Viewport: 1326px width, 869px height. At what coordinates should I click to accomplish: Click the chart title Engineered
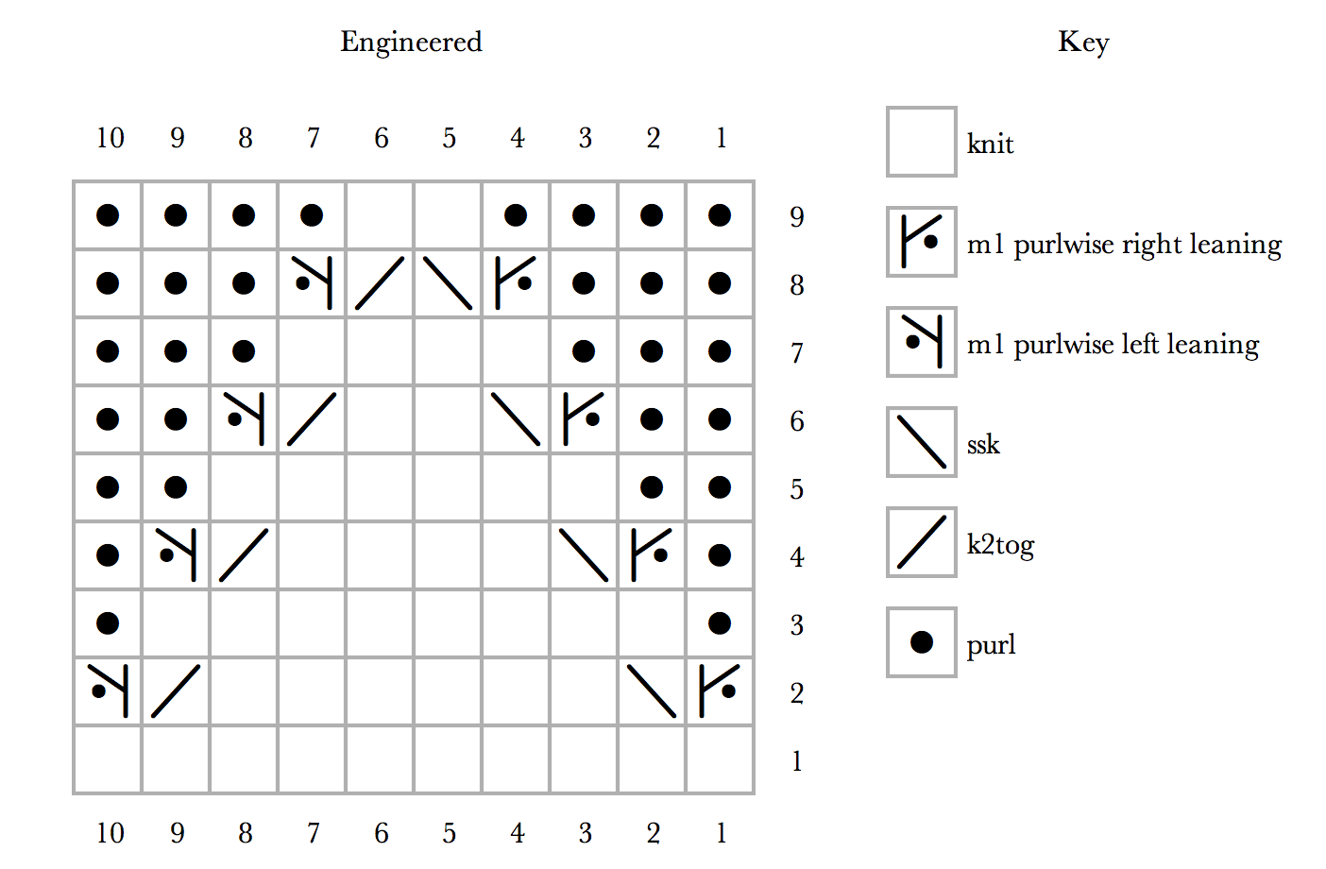[412, 43]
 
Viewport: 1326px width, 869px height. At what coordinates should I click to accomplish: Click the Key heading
[1083, 43]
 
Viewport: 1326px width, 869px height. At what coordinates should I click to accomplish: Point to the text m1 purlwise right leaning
[1124, 245]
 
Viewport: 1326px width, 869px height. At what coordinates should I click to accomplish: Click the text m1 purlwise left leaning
[1113, 345]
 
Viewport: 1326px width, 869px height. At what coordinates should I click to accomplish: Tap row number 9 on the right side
[797, 217]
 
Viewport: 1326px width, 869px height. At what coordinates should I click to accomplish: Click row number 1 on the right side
[797, 761]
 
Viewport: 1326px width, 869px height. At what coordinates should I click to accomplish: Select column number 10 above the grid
[110, 139]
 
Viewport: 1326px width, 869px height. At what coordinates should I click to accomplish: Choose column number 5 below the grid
[450, 833]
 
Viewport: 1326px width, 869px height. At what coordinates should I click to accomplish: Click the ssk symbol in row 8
[448, 283]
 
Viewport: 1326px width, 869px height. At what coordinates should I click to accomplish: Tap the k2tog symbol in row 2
[176, 690]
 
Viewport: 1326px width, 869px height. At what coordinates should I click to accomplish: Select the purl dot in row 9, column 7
[312, 214]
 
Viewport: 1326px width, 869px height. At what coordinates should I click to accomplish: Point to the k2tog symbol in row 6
[312, 419]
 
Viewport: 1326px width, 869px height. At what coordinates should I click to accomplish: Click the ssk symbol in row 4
[584, 554]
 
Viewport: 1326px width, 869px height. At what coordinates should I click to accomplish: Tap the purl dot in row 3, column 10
[108, 622]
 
